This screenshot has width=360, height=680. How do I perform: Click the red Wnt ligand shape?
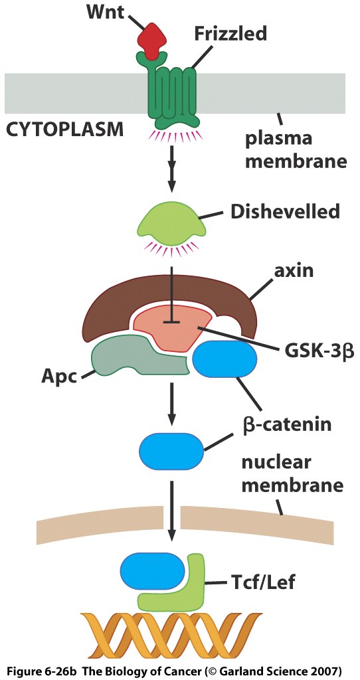coord(153,41)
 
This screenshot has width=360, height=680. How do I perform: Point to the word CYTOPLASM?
coord(64,129)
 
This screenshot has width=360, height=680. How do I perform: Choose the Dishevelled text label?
coord(284,212)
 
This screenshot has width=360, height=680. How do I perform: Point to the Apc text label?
coord(59,376)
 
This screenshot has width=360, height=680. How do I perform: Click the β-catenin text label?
coord(287,424)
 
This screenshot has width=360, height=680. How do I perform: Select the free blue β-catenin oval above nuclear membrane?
coord(171,452)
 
